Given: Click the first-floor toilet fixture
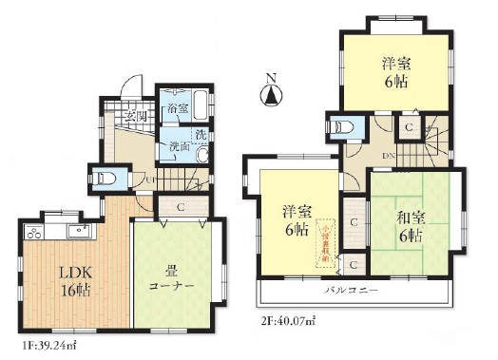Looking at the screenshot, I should (104, 177).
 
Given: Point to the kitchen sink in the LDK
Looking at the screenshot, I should (79, 231).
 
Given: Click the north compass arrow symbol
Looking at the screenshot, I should (271, 92).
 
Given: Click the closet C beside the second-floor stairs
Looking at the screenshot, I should (408, 126).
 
